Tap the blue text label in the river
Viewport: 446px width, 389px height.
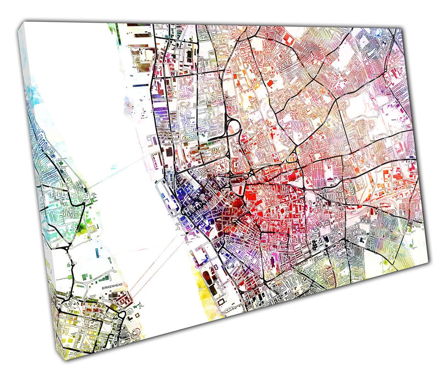[x=114, y=168]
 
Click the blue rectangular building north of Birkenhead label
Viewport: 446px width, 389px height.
[x=97, y=252]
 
